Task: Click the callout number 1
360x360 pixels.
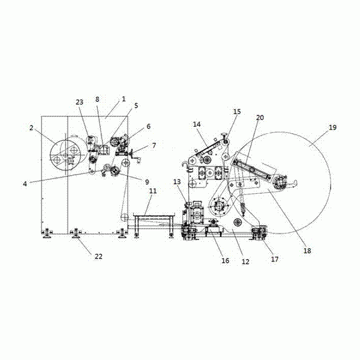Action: [124, 99]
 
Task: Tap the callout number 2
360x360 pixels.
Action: [31, 128]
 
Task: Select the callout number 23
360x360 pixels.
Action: [79, 102]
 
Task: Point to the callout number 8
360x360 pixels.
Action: [97, 99]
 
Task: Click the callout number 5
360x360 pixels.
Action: [136, 106]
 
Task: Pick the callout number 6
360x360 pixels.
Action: [149, 126]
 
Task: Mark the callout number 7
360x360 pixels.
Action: [154, 145]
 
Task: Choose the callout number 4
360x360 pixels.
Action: [25, 184]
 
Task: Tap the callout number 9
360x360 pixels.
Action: [147, 182]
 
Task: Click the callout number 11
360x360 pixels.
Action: [153, 191]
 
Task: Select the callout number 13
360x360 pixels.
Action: [177, 182]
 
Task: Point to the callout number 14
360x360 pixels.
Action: [197, 124]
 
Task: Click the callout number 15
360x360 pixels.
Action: [237, 112]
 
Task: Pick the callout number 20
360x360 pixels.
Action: [260, 118]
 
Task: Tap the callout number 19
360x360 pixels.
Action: [332, 127]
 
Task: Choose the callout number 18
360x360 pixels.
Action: [307, 251]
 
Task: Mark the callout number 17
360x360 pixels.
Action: [275, 259]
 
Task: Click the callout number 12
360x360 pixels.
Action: [245, 262]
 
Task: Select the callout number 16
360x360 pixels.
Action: [225, 260]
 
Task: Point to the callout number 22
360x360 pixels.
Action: [98, 256]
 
